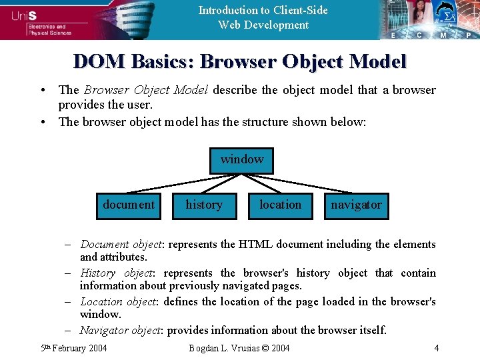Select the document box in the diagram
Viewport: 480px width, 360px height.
(128, 205)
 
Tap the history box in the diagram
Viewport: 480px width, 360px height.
(204, 205)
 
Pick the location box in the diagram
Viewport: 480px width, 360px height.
(280, 205)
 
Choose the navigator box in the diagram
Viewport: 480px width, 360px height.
(357, 205)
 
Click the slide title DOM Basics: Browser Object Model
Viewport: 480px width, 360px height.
(240, 62)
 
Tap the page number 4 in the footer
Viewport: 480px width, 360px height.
(436, 348)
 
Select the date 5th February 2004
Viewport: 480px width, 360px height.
(74, 348)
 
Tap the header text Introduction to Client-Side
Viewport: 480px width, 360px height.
(263, 10)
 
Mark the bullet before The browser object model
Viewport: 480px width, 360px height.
(42, 122)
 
